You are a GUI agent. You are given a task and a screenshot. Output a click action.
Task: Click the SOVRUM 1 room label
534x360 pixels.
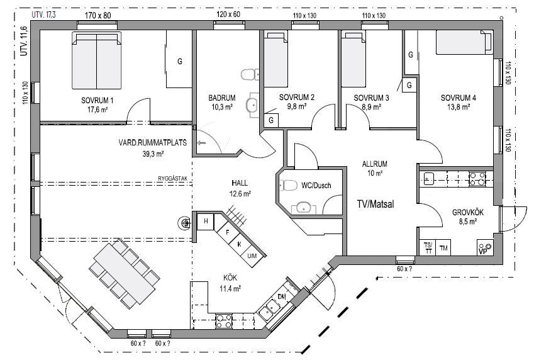tap(97, 100)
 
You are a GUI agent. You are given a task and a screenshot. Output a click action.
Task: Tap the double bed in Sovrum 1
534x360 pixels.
tap(96, 60)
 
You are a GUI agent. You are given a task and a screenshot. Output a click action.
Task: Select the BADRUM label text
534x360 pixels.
tap(221, 98)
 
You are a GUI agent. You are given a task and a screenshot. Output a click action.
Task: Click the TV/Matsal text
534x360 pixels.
tap(375, 204)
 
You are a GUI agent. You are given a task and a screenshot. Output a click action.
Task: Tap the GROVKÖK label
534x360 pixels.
tap(467, 212)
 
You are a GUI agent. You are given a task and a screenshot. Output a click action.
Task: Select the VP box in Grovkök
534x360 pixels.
tap(485, 247)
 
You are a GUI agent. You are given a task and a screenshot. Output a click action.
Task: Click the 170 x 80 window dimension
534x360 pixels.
tap(97, 15)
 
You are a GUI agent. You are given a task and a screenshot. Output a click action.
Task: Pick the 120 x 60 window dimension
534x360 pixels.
tap(228, 14)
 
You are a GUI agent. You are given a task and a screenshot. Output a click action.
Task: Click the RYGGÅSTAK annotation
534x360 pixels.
tap(173, 178)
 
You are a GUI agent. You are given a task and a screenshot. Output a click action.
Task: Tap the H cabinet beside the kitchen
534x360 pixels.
tap(205, 222)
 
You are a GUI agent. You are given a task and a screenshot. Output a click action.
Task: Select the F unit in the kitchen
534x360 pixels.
tap(227, 233)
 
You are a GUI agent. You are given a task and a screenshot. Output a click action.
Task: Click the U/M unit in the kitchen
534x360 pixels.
tap(252, 255)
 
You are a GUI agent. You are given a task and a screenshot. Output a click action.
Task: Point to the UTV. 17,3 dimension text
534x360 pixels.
tap(43, 14)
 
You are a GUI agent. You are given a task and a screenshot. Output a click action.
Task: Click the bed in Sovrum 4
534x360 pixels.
tap(465, 42)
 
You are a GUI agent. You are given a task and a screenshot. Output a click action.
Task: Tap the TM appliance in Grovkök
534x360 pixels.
tap(443, 248)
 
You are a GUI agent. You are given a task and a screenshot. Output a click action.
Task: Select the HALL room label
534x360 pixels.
tap(240, 183)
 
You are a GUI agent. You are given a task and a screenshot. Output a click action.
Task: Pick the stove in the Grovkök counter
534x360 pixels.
tap(477, 179)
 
